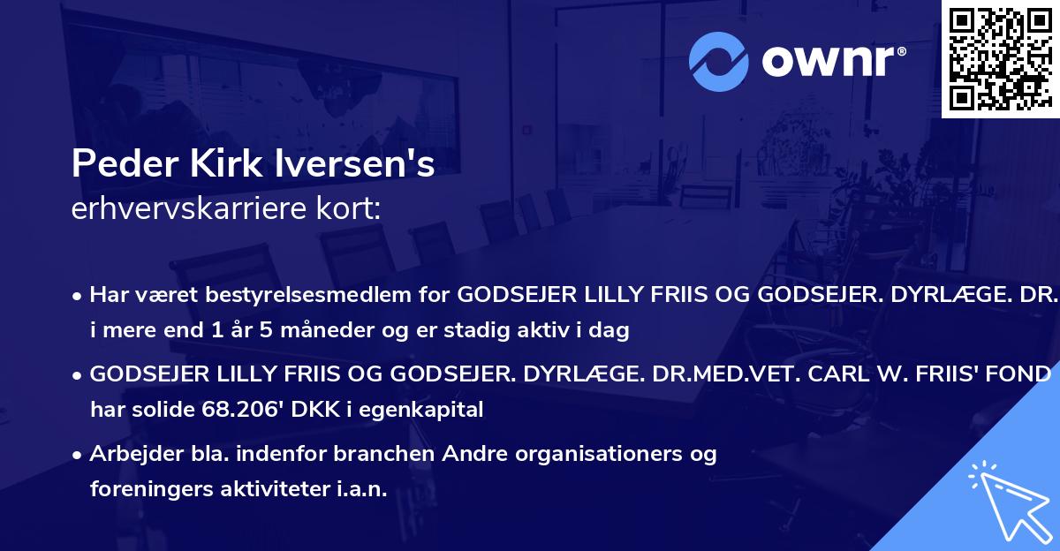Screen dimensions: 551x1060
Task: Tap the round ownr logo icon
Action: point(719,61)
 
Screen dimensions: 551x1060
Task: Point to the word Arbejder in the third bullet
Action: point(129,454)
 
